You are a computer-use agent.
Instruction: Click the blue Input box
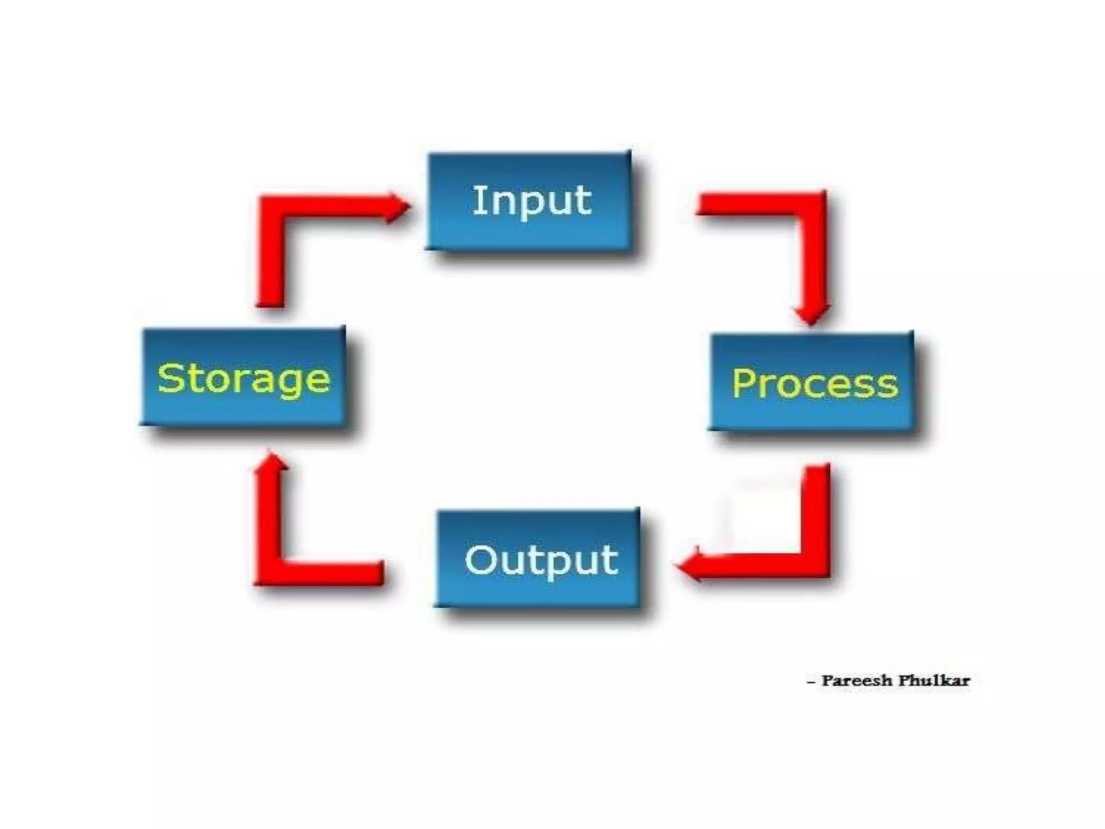529,237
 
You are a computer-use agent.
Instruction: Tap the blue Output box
537,591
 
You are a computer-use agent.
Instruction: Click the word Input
531,201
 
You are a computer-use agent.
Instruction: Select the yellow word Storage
243,379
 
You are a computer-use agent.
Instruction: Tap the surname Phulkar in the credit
933,681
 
